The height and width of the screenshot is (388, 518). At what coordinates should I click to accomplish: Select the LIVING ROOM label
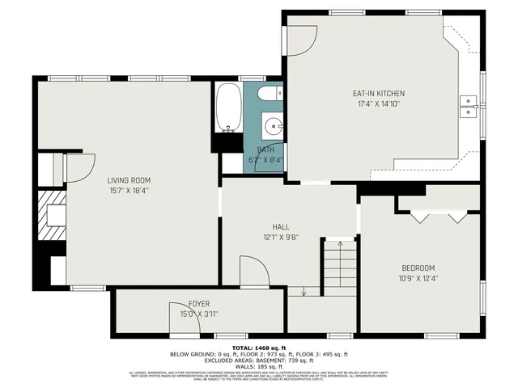129,180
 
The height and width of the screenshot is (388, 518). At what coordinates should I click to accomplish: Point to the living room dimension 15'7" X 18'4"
129,191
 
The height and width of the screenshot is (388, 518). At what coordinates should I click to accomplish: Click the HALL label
281,227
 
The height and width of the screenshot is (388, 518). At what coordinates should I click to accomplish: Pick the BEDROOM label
418,268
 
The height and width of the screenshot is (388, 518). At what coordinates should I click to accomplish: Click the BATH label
265,150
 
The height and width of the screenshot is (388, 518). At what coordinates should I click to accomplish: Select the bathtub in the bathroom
228,108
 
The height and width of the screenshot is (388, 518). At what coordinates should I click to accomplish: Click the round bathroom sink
274,126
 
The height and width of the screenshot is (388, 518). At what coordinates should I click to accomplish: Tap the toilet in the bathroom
270,95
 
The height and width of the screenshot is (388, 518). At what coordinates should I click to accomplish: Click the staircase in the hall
339,268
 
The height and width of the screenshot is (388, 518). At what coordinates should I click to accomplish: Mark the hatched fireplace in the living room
53,216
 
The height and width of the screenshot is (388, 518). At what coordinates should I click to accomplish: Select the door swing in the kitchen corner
301,39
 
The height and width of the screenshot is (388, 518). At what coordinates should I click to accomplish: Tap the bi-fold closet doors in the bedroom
439,217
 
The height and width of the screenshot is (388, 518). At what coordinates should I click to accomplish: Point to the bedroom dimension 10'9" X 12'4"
418,278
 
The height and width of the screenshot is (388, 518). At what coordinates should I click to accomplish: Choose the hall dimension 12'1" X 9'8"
281,238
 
